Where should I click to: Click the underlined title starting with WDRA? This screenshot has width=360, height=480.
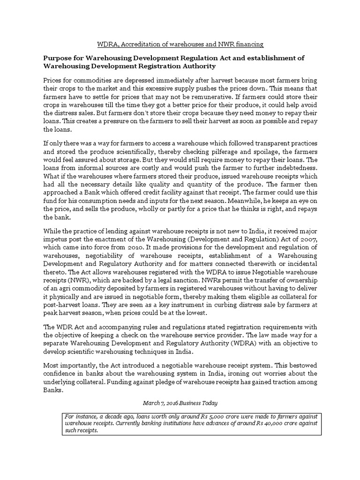(x=180, y=45)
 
